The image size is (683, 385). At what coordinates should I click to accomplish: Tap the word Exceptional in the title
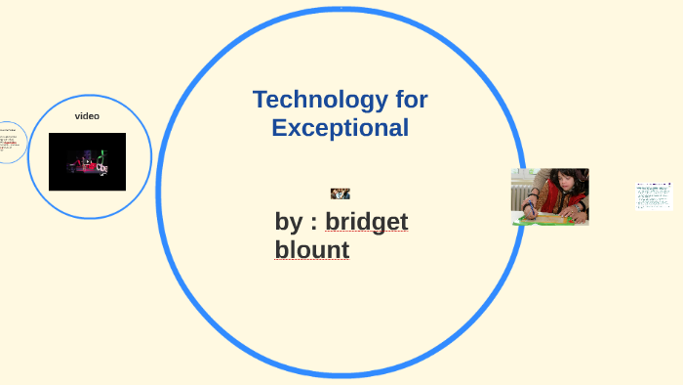340,127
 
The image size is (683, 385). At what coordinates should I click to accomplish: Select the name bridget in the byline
366,222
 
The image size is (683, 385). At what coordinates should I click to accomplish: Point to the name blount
311,250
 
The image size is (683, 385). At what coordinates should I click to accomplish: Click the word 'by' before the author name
288,223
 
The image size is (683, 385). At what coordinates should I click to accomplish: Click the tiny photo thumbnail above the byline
340,193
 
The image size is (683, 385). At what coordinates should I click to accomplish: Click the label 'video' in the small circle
87,116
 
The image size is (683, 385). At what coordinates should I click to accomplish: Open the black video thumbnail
87,161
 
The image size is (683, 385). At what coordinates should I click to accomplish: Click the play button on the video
87,162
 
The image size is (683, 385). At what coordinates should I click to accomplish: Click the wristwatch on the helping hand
578,207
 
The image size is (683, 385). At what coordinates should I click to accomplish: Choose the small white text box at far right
653,194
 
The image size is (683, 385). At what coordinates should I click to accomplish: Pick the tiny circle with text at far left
8,142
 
